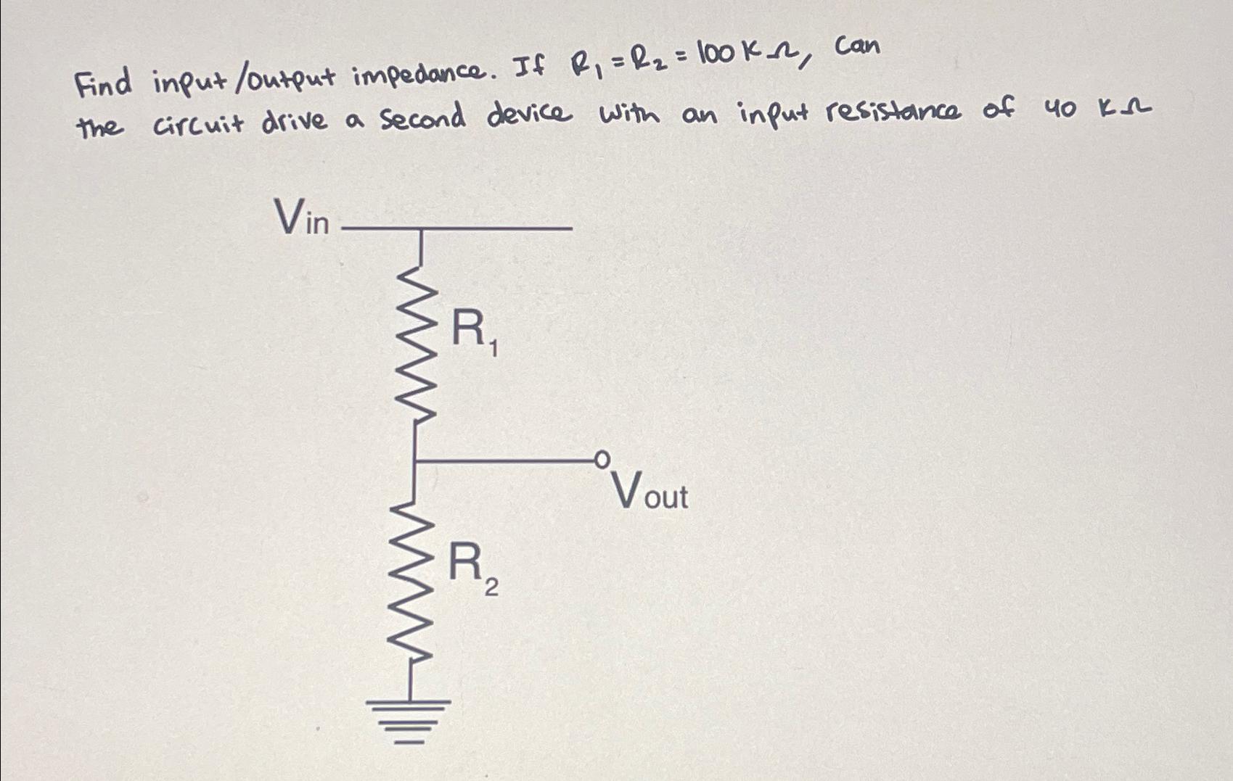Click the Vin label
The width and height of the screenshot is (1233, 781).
coord(301,217)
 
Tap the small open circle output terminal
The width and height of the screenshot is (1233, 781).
coord(601,458)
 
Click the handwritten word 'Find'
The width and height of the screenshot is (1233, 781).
coord(104,83)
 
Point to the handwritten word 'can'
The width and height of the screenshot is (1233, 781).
coord(857,47)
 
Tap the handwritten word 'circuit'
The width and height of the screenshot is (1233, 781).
coord(200,123)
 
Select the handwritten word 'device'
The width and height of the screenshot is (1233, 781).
coord(529,114)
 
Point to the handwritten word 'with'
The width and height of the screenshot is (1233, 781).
coord(629,115)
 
